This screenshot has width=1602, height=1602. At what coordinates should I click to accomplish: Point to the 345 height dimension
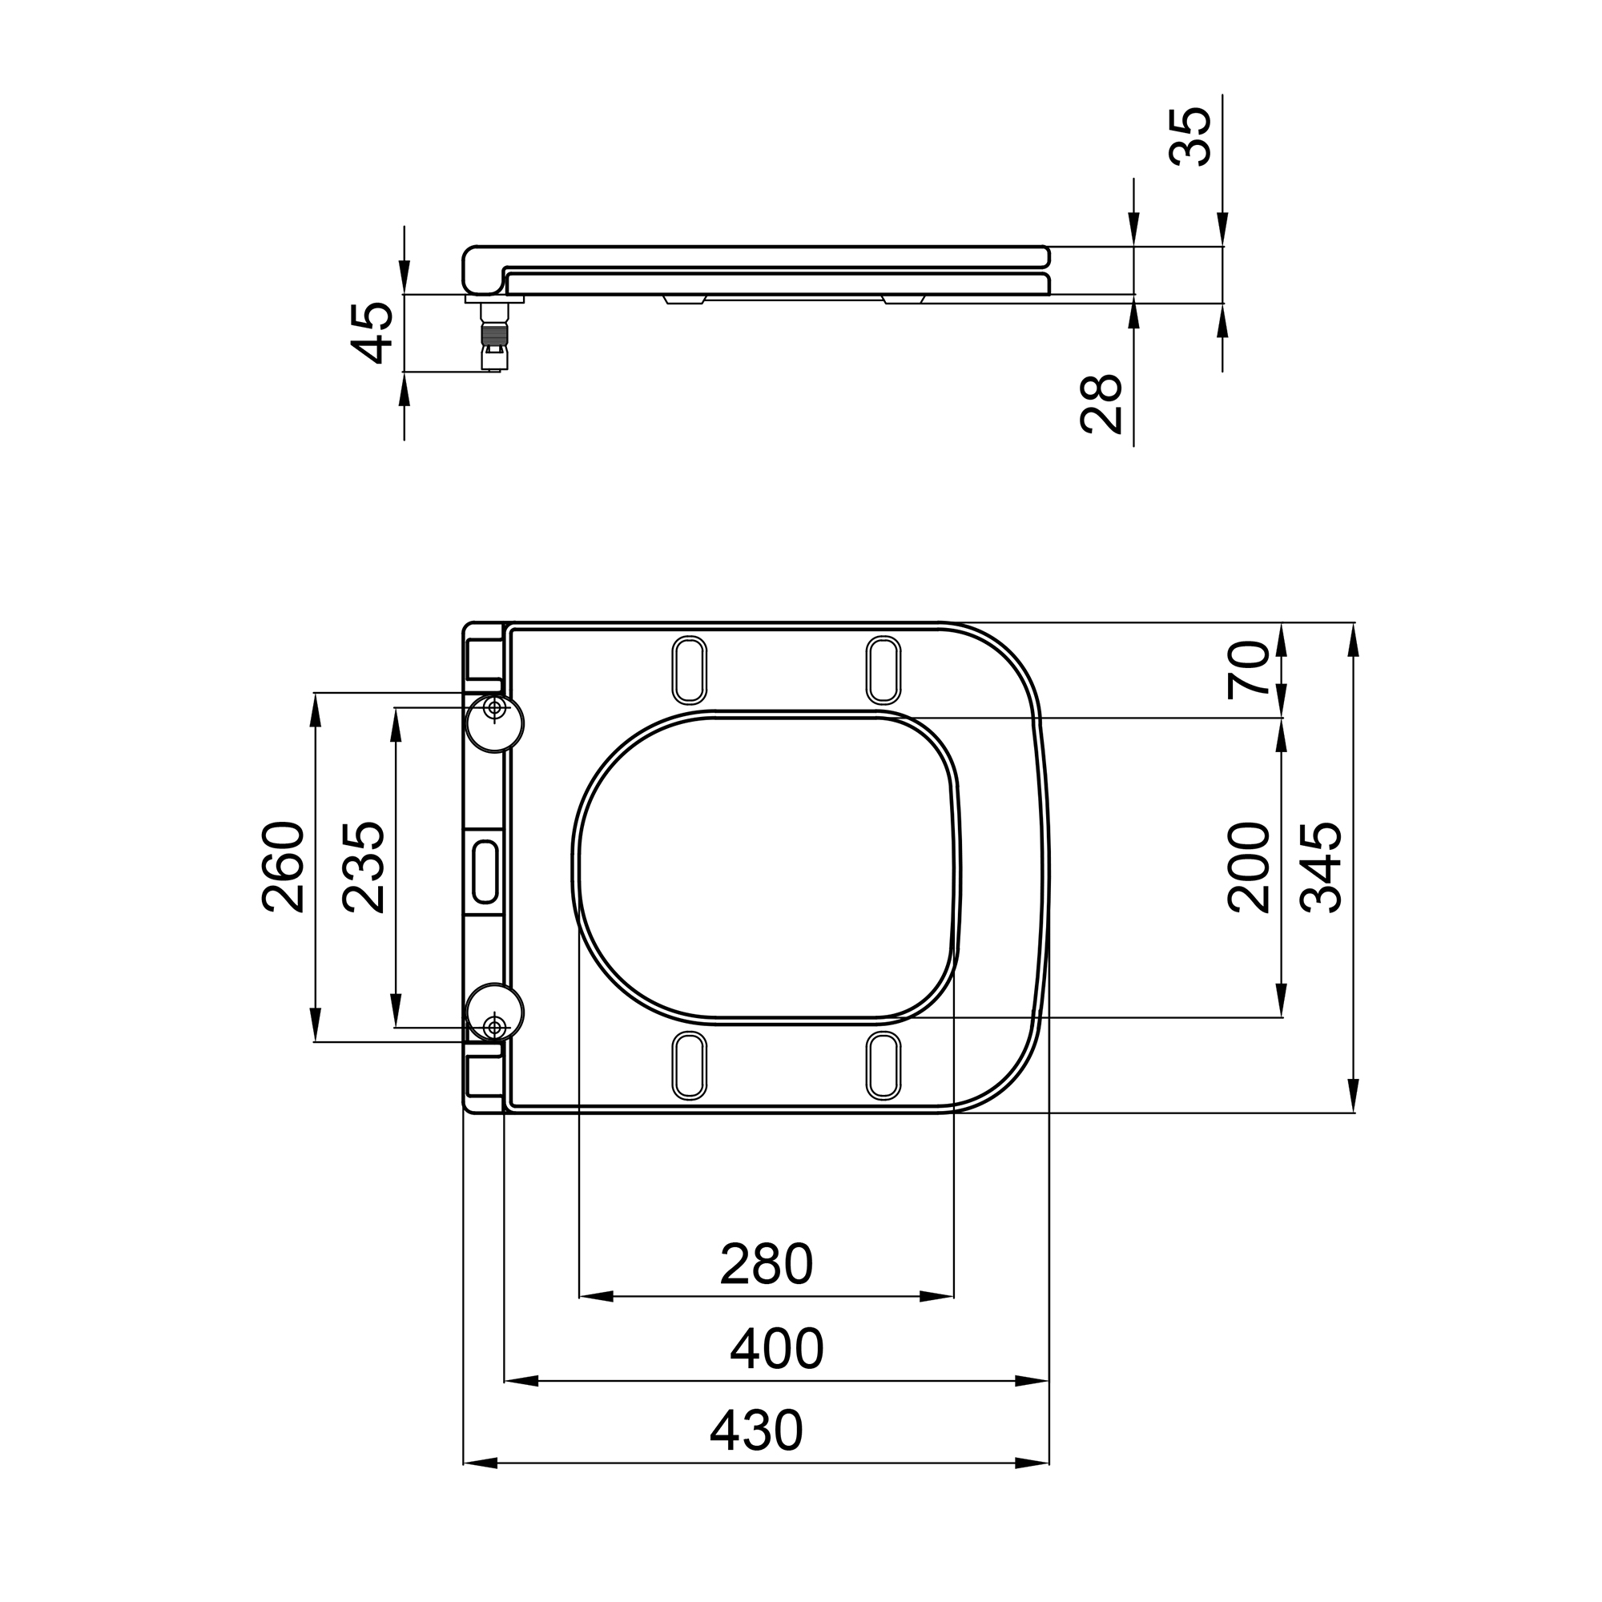[1321, 867]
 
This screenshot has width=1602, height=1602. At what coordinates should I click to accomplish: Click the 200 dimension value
[1249, 867]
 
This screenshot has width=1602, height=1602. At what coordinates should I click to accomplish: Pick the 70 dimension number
[1249, 670]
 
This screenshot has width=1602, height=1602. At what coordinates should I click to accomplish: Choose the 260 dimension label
[283, 867]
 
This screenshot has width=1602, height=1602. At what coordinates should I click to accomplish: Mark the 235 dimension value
[364, 867]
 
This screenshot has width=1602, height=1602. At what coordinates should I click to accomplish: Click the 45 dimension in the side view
[372, 332]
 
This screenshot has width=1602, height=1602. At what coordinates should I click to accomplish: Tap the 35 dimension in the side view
[1191, 137]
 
